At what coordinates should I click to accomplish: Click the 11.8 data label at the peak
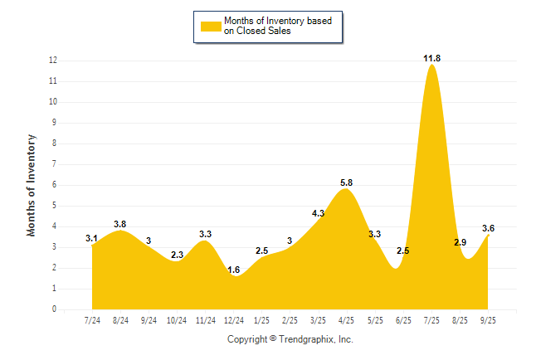431,57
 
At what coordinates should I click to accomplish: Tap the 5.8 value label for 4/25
347,182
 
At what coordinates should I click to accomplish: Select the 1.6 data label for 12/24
234,270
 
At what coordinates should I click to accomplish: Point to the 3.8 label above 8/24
120,224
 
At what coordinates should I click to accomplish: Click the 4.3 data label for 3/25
319,213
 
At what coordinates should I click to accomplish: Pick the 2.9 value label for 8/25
461,242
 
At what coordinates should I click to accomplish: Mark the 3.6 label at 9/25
489,228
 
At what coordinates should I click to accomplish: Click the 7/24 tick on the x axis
92,319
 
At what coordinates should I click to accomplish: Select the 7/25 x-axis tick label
431,319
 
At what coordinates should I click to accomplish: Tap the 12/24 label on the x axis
234,319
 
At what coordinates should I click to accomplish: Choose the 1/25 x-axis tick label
261,319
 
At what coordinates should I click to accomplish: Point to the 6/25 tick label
403,319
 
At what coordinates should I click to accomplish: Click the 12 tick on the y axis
52,61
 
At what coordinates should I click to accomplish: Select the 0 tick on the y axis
54,309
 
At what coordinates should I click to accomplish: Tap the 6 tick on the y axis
54,185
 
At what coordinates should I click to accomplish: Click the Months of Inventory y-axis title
32,185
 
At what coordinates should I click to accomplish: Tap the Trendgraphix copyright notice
290,339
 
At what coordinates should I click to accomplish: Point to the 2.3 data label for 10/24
177,255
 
